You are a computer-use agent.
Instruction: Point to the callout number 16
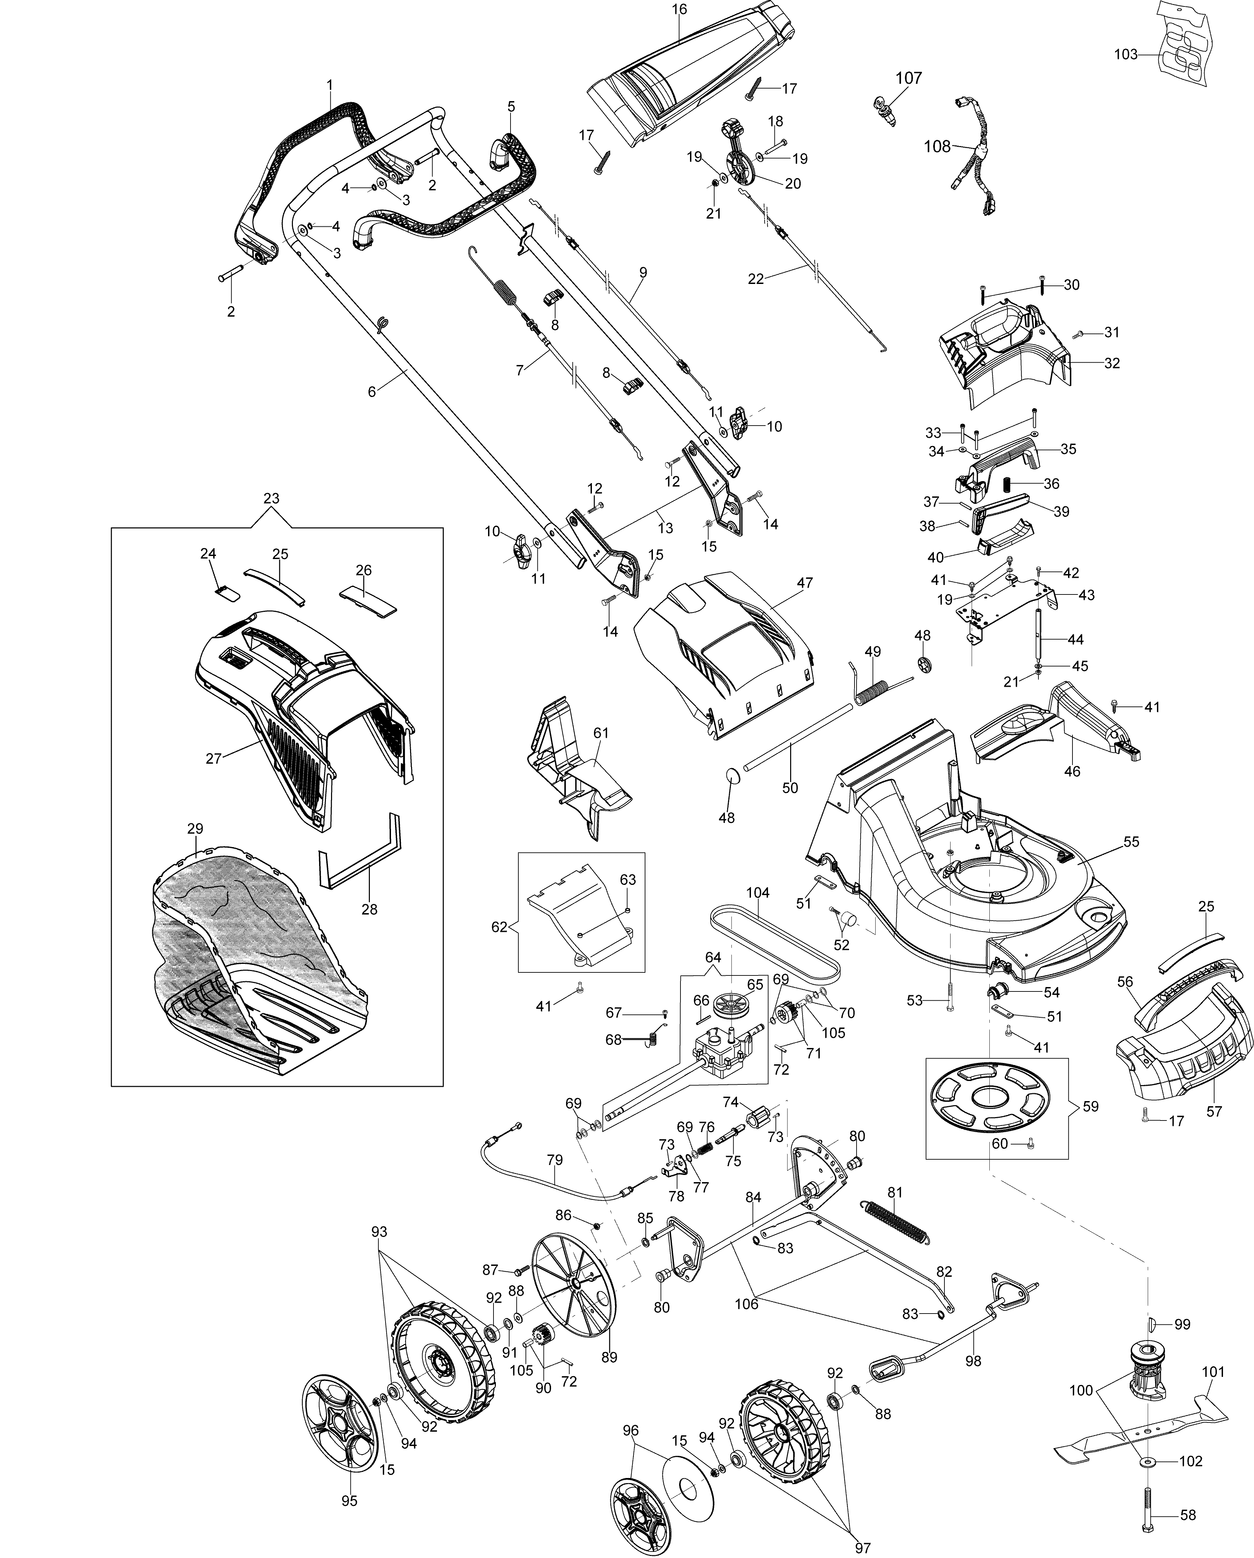click(x=679, y=10)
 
